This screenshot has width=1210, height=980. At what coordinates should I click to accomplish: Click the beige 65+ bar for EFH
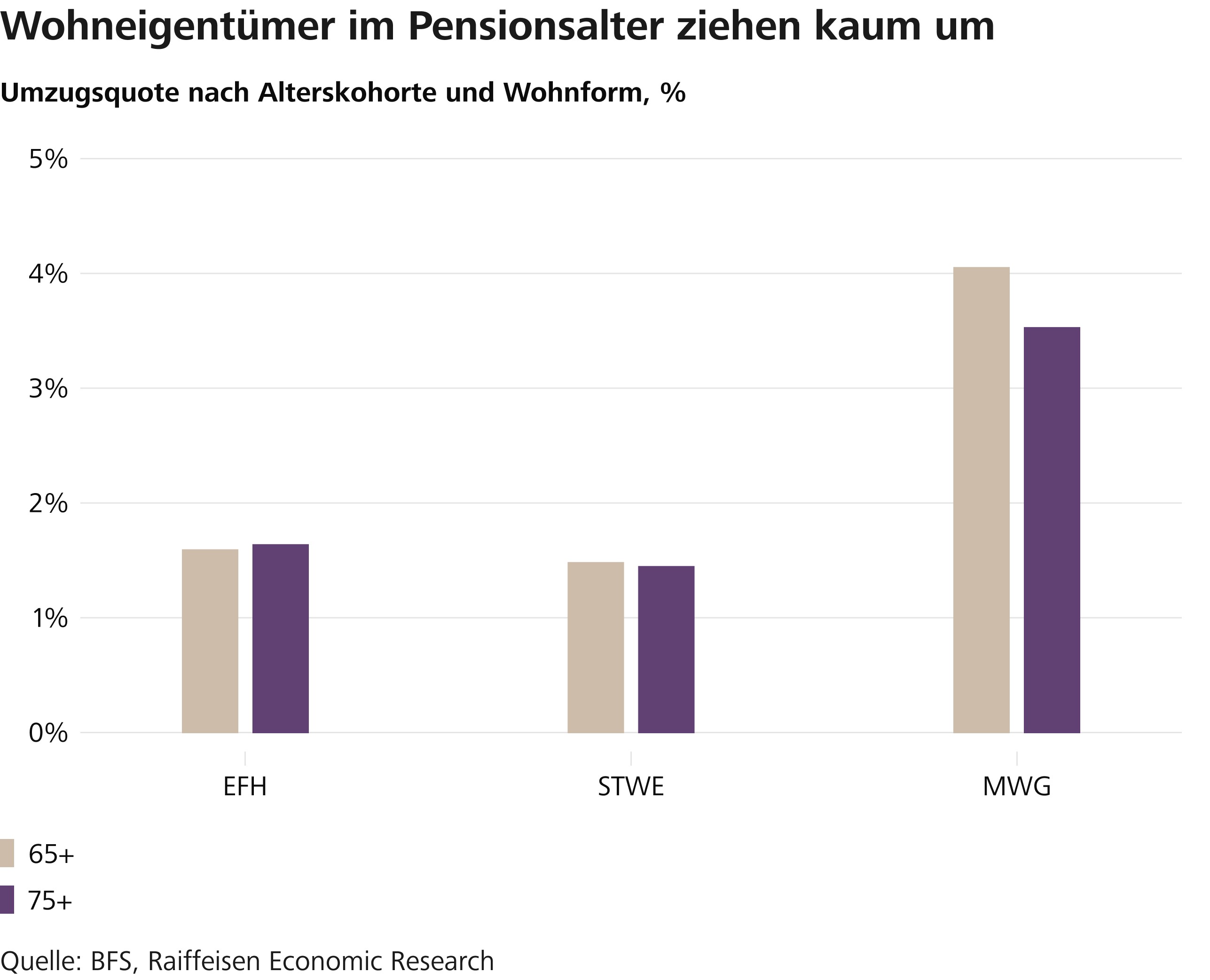point(210,641)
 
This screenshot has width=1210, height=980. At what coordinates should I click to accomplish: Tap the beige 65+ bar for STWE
point(596,648)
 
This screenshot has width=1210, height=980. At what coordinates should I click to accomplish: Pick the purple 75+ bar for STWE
point(666,649)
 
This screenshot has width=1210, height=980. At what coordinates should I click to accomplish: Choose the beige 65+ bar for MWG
point(982,500)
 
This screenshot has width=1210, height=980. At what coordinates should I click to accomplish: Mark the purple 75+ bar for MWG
point(1052,530)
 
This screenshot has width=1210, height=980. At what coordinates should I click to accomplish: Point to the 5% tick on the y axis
point(48,160)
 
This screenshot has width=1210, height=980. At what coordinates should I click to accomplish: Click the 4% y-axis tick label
point(48,274)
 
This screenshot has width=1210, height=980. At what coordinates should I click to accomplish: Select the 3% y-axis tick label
point(48,389)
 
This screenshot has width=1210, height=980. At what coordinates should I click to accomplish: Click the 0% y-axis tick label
point(48,733)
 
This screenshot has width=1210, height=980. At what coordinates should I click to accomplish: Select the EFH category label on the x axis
point(245,786)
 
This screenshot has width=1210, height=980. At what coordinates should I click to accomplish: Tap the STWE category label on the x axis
point(631,786)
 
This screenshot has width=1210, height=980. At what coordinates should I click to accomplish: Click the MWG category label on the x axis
point(1017,786)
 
